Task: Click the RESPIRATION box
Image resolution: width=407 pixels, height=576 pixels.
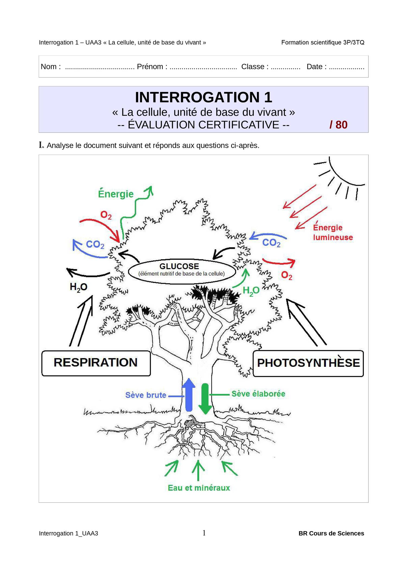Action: coord(96,363)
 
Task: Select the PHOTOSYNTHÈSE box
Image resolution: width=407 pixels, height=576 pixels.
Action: coord(308,364)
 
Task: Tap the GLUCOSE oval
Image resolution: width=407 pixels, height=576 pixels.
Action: coord(182,271)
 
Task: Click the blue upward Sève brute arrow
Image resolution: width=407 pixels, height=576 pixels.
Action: coord(189,395)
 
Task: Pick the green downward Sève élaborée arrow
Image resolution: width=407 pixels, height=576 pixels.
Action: coord(205,399)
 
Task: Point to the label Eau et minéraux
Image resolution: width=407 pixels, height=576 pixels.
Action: coord(199,488)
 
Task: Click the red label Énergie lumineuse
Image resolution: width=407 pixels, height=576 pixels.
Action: coord(333,232)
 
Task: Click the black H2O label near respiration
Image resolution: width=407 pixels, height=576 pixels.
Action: coord(78,287)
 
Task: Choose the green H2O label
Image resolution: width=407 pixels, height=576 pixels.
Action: coord(251,291)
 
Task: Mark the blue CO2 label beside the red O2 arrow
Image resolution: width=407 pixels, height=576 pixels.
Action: coord(95,244)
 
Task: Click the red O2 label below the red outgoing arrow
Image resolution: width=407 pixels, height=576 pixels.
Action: coord(287,275)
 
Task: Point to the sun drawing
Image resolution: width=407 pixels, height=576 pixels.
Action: coord(342,176)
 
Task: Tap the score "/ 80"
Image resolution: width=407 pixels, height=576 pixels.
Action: coord(338,125)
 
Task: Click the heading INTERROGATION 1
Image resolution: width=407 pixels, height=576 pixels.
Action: coord(203,97)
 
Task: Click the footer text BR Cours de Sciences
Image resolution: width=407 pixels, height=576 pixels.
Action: coord(331,533)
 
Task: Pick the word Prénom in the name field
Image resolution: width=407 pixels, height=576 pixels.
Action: coord(150,67)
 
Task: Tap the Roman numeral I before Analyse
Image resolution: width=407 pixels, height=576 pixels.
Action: coord(41,145)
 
